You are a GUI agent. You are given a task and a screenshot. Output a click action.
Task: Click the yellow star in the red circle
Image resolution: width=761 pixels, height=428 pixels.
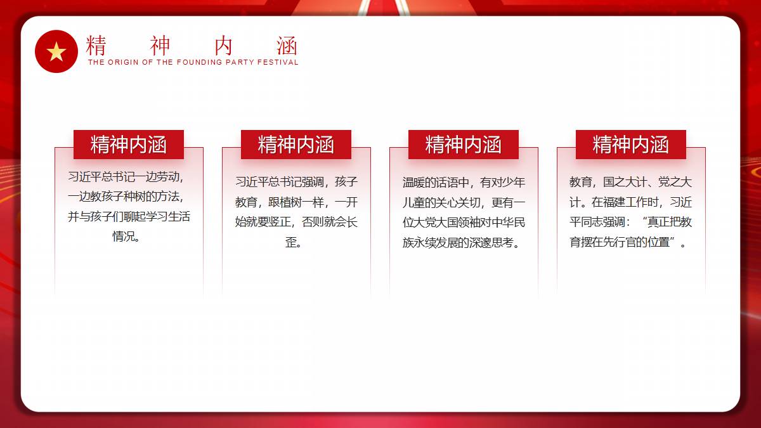tap(56, 51)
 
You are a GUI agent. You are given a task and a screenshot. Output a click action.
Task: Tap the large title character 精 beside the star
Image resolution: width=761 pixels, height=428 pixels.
tap(96, 46)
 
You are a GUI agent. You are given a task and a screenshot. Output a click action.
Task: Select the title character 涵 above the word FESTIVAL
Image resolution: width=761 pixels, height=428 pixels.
tap(287, 46)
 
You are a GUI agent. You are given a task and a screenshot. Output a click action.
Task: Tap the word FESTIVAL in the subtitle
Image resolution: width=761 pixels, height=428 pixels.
tap(278, 62)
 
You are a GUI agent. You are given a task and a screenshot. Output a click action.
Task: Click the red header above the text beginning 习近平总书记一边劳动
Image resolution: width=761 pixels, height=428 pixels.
tap(129, 145)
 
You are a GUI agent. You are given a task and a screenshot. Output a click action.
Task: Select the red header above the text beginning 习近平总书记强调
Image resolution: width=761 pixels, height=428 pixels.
tap(296, 145)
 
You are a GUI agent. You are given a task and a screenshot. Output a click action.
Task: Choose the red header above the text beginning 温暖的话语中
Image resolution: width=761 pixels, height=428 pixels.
tap(464, 145)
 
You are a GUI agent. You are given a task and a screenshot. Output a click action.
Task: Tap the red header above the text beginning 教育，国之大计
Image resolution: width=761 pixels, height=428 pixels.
tap(631, 145)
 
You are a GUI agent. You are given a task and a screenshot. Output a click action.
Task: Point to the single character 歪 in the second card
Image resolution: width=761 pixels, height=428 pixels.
tap(291, 242)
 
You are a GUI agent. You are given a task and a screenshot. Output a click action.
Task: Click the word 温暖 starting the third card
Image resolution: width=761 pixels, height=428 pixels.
tap(413, 183)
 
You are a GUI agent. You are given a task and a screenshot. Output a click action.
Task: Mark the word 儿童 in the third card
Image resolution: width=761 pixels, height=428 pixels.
tap(413, 202)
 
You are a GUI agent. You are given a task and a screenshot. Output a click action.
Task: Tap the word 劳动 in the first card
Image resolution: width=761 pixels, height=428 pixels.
tap(168, 177)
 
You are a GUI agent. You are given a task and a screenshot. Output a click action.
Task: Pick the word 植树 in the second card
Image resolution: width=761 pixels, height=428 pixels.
tap(290, 202)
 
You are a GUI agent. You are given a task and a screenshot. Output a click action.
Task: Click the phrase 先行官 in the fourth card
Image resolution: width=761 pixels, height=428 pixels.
tap(620, 242)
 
